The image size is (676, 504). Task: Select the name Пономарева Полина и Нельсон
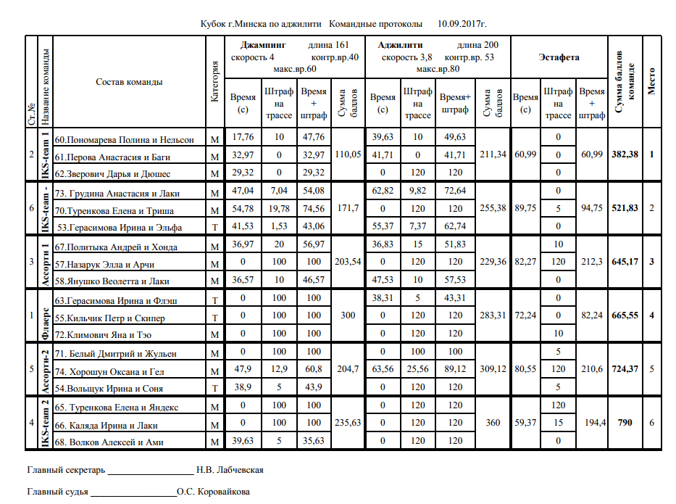[125, 139]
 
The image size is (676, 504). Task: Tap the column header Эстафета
[559, 57]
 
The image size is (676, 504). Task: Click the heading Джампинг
[259, 44]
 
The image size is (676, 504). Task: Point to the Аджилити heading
[401, 44]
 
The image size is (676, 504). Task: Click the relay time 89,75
[525, 209]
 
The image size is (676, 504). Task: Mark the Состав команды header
[129, 82]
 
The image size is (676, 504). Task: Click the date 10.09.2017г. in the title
[462, 24]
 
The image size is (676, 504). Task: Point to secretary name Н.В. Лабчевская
[230, 470]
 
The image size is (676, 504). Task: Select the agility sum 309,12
[493, 370]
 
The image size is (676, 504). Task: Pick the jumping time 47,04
[243, 193]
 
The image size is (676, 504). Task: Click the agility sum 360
[493, 424]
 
